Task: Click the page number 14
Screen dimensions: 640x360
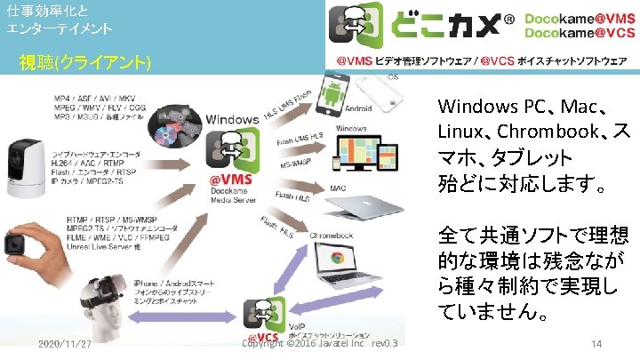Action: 596,343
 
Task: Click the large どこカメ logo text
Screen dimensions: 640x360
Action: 440,28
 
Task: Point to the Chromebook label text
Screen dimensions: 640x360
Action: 332,235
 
